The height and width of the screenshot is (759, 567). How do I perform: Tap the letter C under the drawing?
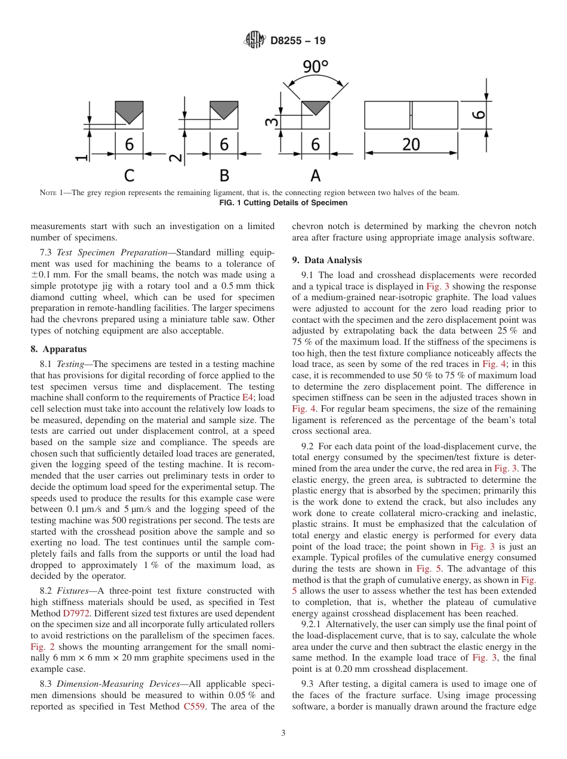point(129,175)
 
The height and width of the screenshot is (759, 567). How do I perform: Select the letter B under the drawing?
point(224,175)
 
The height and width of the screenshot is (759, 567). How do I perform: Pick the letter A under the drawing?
point(315,175)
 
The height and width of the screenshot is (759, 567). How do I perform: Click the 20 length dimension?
point(411,144)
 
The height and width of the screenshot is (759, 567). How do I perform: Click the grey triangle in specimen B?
point(224,108)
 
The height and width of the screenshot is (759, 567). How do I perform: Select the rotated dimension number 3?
point(272,122)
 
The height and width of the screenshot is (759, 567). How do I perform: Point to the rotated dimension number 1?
point(81,158)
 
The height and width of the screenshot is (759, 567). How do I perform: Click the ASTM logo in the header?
point(255,41)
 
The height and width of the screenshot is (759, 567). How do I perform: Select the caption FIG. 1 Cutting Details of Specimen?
point(283,203)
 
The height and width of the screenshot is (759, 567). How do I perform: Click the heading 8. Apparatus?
point(58,349)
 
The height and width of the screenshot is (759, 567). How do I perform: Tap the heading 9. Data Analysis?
point(326,260)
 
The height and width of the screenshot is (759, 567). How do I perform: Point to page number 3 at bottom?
point(283,733)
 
